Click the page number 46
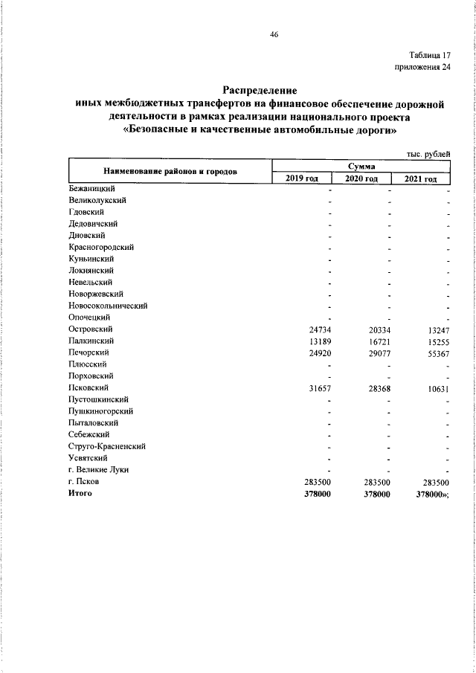pyautogui.click(x=274, y=34)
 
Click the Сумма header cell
pyautogui.click(x=361, y=167)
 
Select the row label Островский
pyautogui.click(x=89, y=328)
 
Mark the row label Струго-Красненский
pyautogui.click(x=106, y=446)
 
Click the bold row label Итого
pyautogui.click(x=80, y=494)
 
